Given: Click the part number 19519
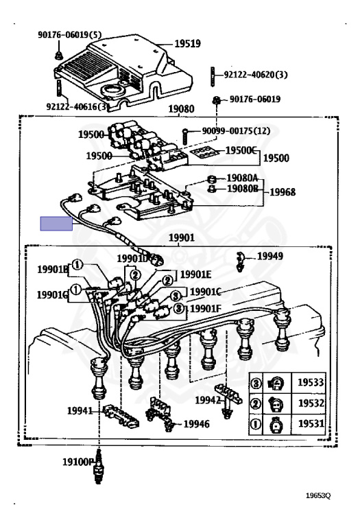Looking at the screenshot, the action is (187, 43).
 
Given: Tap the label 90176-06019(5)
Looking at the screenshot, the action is (69, 34).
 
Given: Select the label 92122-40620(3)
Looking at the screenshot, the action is (256, 75).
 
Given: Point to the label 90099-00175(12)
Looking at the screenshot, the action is (236, 130).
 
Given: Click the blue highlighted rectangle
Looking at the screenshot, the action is (56, 224).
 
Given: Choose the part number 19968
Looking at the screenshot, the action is (283, 192).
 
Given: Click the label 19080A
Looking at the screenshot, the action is (242, 178).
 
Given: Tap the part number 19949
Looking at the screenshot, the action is (270, 256).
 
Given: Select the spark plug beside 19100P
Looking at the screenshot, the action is (98, 467).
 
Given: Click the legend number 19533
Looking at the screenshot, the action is (311, 382).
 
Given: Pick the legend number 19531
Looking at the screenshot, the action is (311, 423).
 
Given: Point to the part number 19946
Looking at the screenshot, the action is (196, 424).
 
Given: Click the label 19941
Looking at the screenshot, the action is (80, 411).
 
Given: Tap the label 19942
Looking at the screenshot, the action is (208, 400).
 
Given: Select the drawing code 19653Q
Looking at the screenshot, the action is (318, 495).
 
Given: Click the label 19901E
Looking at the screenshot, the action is (196, 274).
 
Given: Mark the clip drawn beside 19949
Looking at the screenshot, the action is (240, 261).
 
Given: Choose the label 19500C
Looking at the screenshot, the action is (241, 150).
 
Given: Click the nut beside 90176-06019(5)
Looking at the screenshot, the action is (59, 56).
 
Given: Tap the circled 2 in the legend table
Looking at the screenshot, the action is (256, 403).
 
